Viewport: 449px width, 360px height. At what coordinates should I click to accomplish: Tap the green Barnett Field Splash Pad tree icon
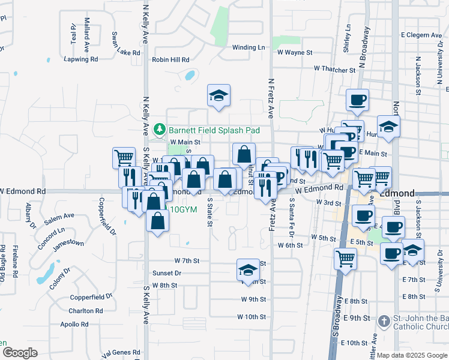pyautogui.click(x=160, y=129)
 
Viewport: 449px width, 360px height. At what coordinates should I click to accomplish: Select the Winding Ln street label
pyautogui.click(x=248, y=47)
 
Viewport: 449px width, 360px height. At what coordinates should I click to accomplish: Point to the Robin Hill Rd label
pyautogui.click(x=170, y=60)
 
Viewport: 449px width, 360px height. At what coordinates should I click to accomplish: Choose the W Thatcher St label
pyautogui.click(x=333, y=70)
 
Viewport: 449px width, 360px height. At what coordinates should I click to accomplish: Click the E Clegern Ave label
pyautogui.click(x=418, y=35)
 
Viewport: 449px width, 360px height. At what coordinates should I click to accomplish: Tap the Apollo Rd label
pyautogui.click(x=74, y=325)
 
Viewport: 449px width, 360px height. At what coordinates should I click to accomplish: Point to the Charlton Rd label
pyautogui.click(x=85, y=311)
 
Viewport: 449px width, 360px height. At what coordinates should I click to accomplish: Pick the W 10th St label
pyautogui.click(x=251, y=316)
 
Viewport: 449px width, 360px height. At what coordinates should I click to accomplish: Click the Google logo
pyautogui.click(x=19, y=353)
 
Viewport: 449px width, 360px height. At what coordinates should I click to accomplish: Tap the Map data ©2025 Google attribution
pyautogui.click(x=412, y=355)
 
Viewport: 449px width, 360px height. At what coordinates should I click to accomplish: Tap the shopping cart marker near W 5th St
pyautogui.click(x=345, y=259)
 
